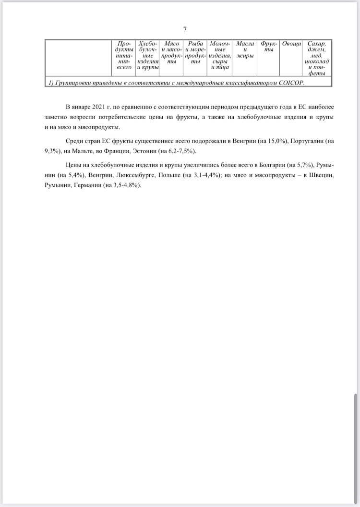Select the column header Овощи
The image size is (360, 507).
291,44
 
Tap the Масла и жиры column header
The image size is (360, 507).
245,50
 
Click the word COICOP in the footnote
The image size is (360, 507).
289,83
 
